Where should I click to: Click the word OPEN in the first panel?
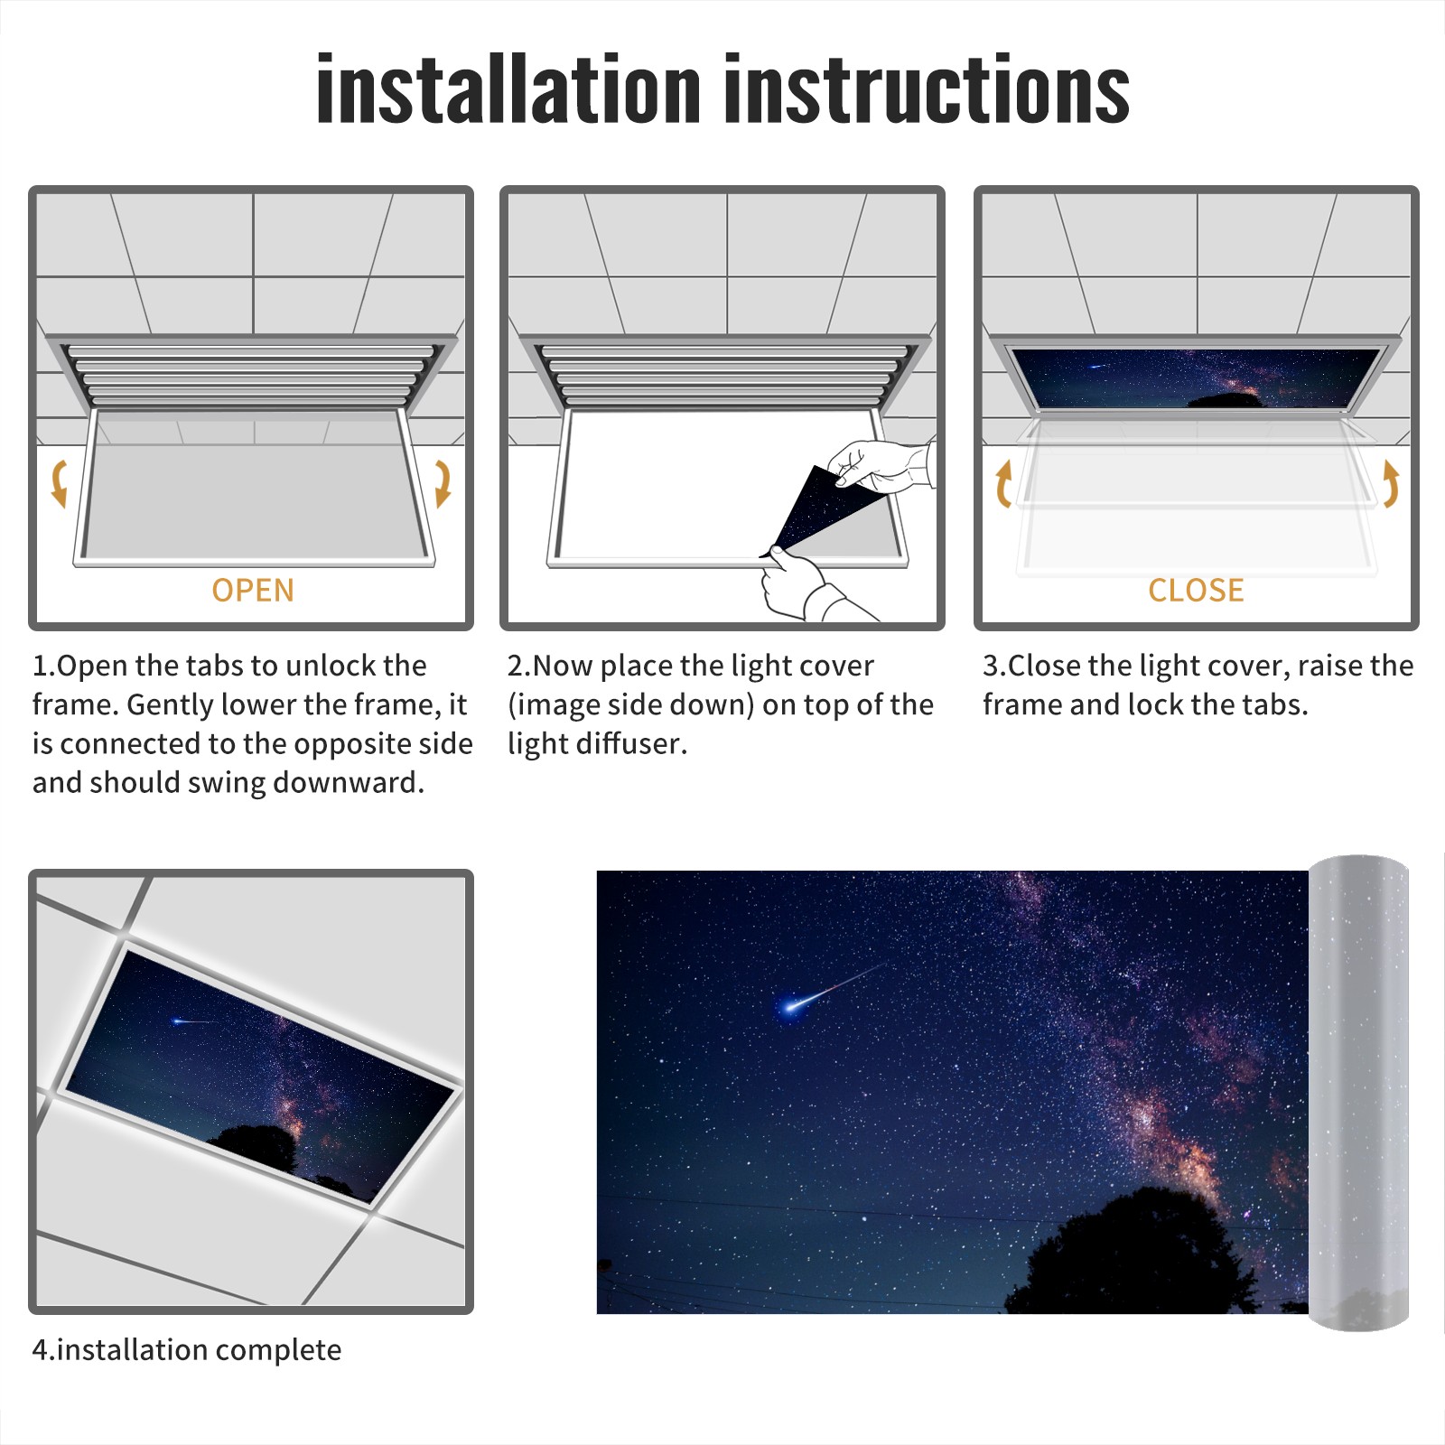(253, 591)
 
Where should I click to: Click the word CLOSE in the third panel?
(1196, 591)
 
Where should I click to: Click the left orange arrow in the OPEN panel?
(58, 483)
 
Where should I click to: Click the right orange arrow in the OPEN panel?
(443, 483)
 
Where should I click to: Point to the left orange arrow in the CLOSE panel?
(1002, 483)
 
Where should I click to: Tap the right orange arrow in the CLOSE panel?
(1391, 483)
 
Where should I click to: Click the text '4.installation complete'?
(187, 1350)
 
